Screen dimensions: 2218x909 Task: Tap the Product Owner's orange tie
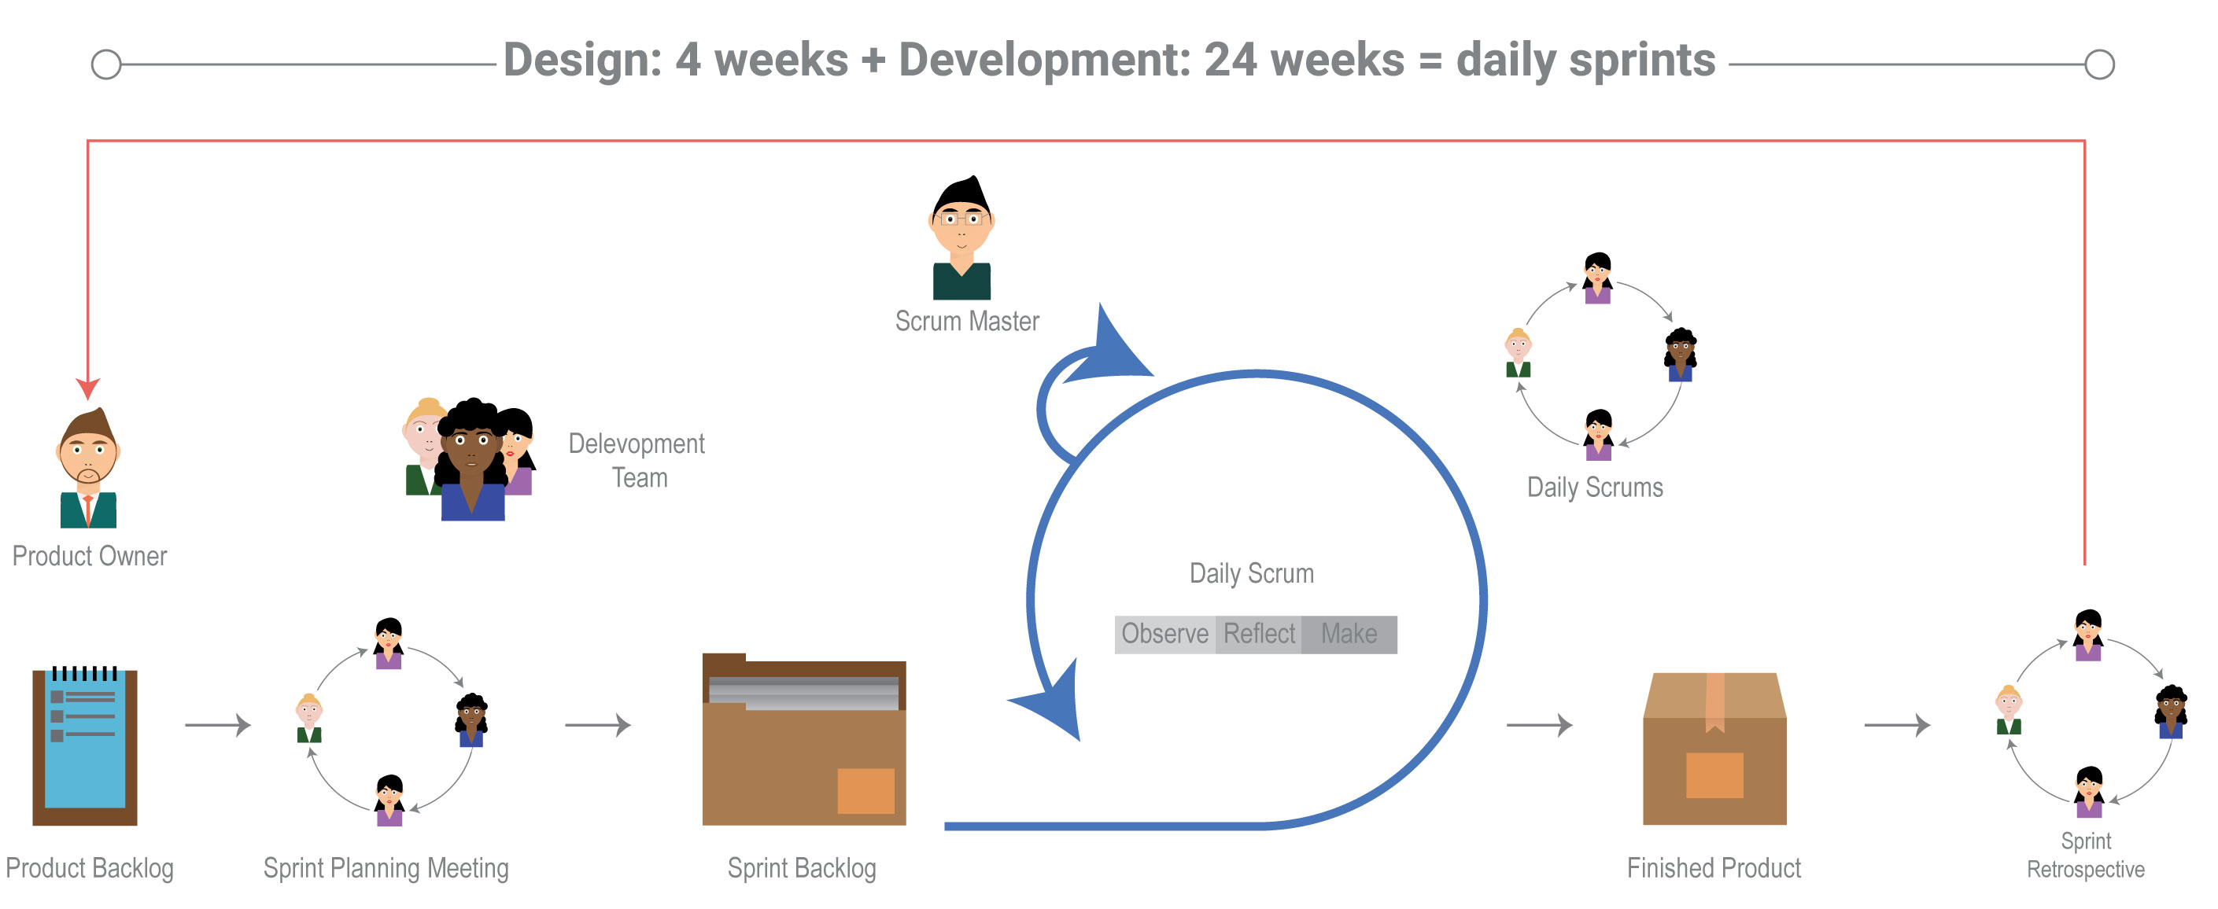[88, 509]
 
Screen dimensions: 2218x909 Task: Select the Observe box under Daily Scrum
[1165, 635]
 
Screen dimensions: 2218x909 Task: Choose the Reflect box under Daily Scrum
[1259, 635]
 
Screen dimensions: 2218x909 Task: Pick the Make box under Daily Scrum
[1349, 635]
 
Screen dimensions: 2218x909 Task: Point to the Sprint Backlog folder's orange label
[865, 790]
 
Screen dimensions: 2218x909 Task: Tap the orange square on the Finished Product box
[1714, 775]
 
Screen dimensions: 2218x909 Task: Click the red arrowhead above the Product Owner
[88, 388]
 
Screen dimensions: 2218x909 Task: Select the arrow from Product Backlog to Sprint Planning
[218, 725]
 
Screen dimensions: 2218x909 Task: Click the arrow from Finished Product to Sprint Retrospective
[1897, 725]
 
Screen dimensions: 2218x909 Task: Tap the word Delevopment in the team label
[637, 444]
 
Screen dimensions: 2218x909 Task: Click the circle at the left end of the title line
[106, 64]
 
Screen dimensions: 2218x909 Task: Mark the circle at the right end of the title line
[2099, 64]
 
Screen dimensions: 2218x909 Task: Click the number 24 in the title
[1230, 61]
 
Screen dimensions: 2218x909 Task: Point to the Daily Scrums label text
[1595, 488]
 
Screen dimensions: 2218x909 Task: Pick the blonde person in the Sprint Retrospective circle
[2009, 709]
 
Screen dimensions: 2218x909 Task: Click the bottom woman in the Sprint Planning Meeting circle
[389, 800]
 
